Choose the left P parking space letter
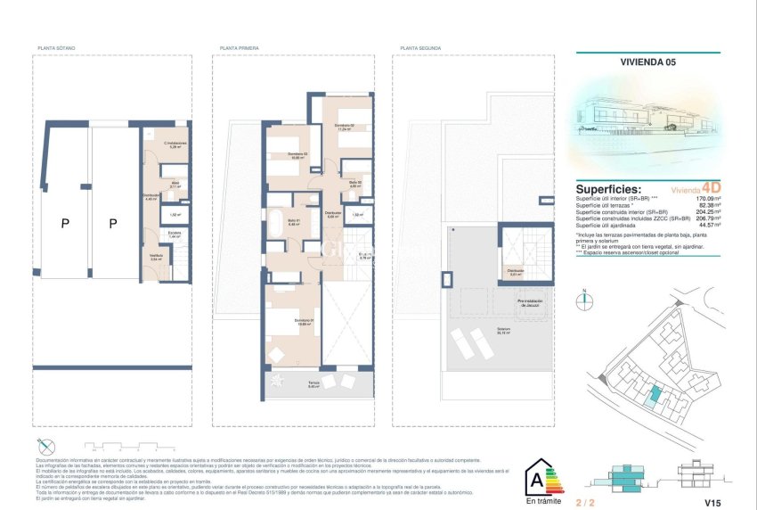coord(65,225)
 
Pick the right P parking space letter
coord(112,225)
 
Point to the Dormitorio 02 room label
coord(345,127)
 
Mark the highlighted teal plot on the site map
coord(655,394)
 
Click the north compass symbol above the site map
coord(584,300)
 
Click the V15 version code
coord(712,502)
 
